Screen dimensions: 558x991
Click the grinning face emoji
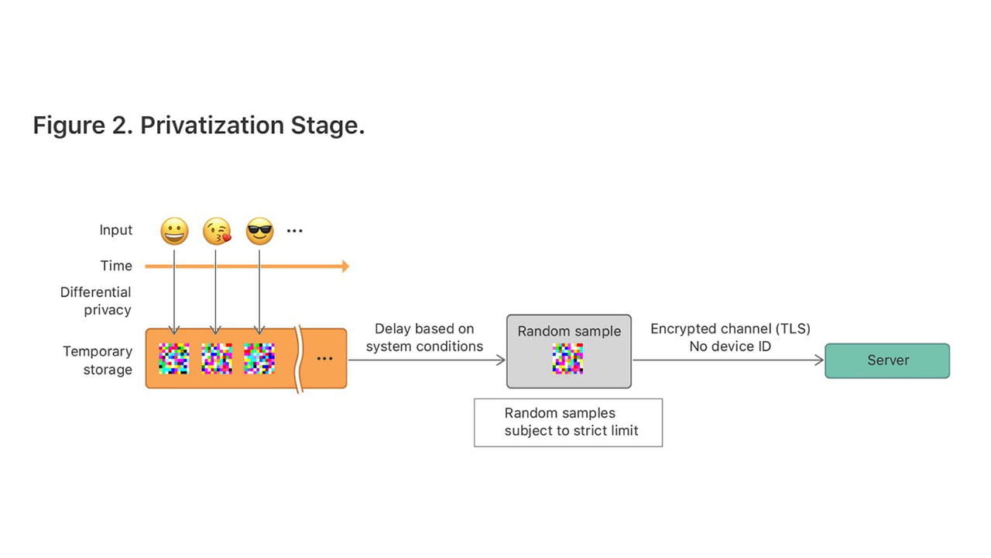174,231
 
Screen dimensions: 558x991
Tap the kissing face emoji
217,231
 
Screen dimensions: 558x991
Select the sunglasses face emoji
259,231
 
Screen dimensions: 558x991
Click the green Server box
887,360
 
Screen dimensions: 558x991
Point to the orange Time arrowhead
345,267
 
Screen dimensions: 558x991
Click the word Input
116,230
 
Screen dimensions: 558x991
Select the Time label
116,266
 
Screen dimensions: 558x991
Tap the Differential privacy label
96,301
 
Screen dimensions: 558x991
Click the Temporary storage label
98,360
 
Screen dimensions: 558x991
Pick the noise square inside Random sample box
568,359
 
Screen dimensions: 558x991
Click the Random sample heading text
569,331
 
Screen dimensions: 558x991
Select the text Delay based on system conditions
424,338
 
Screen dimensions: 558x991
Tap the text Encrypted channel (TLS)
730,329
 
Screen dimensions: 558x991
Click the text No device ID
730,346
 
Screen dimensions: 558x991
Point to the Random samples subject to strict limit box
568,422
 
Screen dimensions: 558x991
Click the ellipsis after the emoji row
294,231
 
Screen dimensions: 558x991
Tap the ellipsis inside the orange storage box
324,358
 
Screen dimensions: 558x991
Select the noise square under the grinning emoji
174,359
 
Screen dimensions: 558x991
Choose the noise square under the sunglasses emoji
259,359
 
